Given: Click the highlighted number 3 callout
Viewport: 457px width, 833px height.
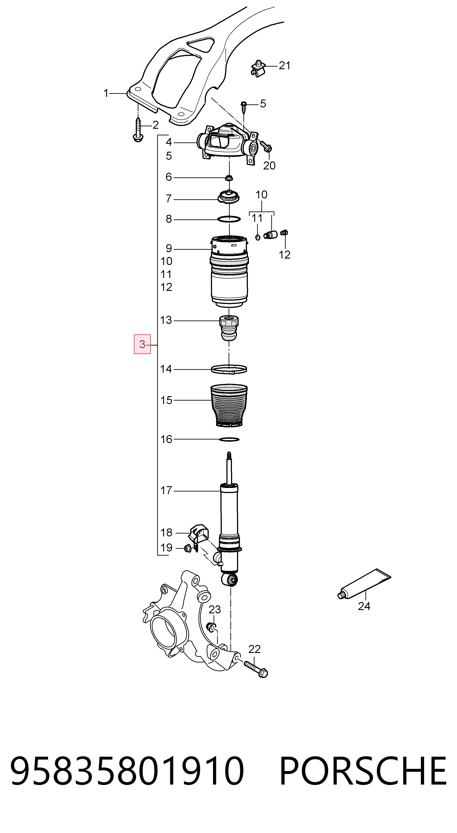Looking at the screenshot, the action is [142, 344].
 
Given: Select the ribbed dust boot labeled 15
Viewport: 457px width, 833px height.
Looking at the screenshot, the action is [229, 405].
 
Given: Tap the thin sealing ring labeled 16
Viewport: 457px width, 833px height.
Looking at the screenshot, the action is [229, 440].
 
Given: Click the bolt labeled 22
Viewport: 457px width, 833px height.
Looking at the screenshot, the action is [256, 669].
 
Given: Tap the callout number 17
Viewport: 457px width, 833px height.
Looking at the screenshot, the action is [166, 491].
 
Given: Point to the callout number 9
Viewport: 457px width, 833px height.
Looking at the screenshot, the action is [169, 248].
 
